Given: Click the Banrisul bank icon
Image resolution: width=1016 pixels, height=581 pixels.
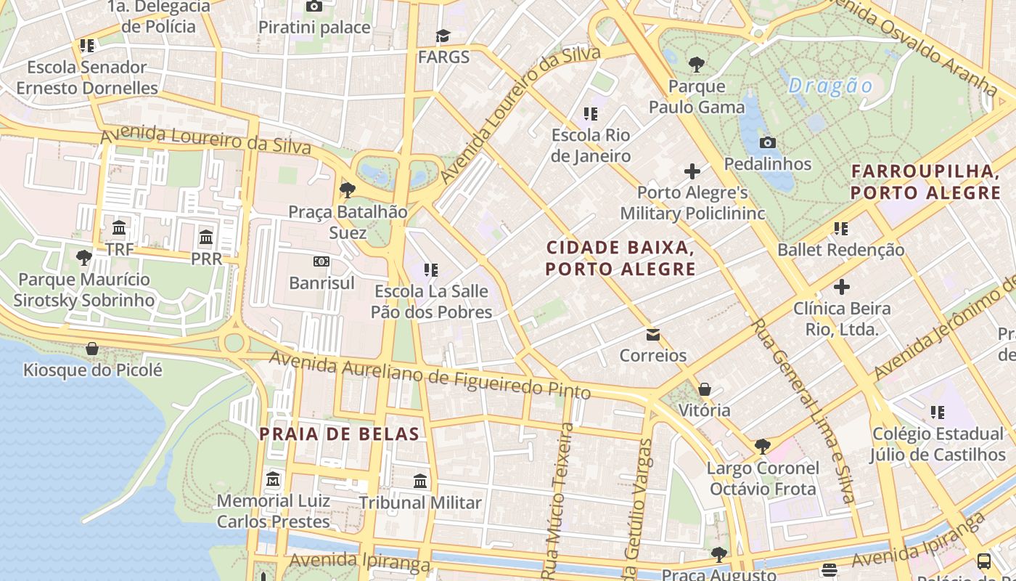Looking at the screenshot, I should (321, 261).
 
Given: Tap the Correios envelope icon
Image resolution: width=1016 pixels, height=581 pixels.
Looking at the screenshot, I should (652, 334).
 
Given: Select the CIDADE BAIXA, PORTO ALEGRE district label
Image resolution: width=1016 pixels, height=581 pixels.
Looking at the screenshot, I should (620, 258).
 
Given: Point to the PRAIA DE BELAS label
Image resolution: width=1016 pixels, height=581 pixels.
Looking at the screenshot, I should (340, 434).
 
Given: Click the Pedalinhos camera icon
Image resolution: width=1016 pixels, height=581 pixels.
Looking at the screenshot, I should (767, 142).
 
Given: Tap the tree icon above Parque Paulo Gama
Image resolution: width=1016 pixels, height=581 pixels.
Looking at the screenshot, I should (697, 65).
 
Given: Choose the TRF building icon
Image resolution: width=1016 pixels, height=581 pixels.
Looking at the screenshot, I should (120, 228).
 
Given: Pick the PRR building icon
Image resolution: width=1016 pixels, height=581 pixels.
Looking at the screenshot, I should (206, 237).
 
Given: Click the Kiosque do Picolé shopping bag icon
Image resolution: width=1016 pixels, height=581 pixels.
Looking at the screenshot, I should (92, 349).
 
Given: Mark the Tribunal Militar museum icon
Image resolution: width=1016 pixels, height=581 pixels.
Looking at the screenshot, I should (420, 481).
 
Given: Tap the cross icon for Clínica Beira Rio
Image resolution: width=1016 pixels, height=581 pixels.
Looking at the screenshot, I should (841, 287).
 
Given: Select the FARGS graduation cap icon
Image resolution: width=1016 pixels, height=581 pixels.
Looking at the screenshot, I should (443, 36).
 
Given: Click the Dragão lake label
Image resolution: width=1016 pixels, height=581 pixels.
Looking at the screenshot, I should (830, 86).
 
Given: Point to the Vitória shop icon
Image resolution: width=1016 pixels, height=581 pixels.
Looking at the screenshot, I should (704, 389).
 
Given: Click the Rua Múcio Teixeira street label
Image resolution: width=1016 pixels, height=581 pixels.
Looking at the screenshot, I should (560, 494).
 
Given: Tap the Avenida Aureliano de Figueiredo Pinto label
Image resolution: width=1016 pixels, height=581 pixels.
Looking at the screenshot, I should (430, 375).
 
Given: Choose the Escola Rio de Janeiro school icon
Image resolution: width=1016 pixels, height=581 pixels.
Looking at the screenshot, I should (591, 114).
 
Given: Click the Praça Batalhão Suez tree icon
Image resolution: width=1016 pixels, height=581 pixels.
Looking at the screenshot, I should (347, 190).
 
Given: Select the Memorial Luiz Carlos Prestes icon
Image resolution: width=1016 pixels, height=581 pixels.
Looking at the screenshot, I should (273, 479).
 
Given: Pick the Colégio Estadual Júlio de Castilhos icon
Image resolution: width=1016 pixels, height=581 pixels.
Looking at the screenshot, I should (938, 413).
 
